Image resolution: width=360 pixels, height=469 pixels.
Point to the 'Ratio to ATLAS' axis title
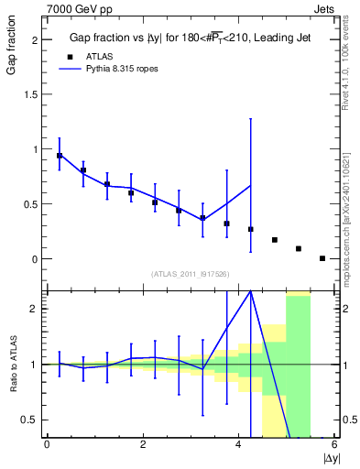pos(12,364)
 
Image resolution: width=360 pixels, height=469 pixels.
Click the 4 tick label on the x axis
pos(239,445)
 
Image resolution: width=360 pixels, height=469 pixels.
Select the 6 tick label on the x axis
pos(335,445)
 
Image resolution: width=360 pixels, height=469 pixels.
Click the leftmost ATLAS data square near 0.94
pos(60,156)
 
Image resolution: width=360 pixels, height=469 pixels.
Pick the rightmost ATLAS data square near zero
pos(322,258)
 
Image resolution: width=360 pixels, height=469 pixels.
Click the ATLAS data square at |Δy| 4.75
pos(275,240)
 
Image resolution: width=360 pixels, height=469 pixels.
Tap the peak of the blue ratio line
pos(250,290)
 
